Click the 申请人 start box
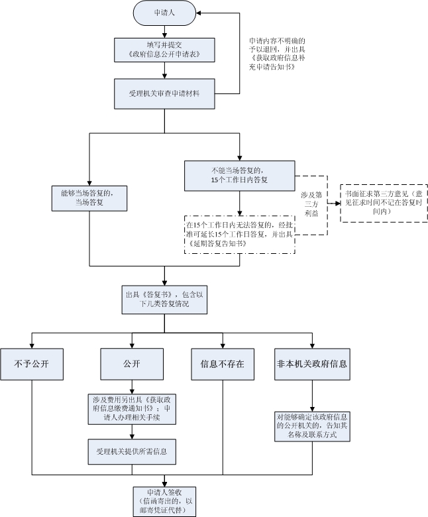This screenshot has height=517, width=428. point(164,12)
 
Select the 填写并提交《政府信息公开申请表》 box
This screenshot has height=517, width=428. point(164,49)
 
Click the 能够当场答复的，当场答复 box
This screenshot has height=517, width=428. point(89,198)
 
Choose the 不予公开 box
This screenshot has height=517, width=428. point(32,364)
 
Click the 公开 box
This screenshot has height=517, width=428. point(132,364)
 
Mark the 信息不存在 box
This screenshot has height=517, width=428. point(222,364)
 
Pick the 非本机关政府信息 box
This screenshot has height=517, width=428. point(312,364)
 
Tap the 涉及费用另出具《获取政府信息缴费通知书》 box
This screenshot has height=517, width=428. point(132,409)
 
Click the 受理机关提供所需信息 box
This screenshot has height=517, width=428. point(132,452)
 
